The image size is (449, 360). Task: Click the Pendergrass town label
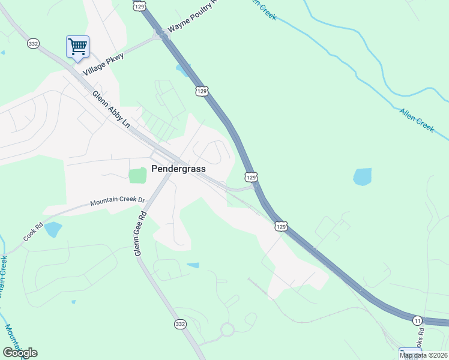(178, 169)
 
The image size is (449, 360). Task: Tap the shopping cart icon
(77, 46)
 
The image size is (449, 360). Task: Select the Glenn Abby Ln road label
(111, 109)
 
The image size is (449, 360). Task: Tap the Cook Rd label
(34, 233)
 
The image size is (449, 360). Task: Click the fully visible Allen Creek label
(417, 119)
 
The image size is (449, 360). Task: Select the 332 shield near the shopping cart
(33, 44)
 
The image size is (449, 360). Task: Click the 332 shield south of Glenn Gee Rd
(180, 324)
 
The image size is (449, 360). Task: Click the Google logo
(20, 353)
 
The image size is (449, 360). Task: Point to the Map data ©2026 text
(423, 355)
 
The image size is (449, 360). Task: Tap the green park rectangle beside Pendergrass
(137, 176)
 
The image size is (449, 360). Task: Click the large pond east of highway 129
(362, 176)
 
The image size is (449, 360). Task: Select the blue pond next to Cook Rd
(53, 229)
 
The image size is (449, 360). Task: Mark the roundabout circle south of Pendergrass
(227, 329)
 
